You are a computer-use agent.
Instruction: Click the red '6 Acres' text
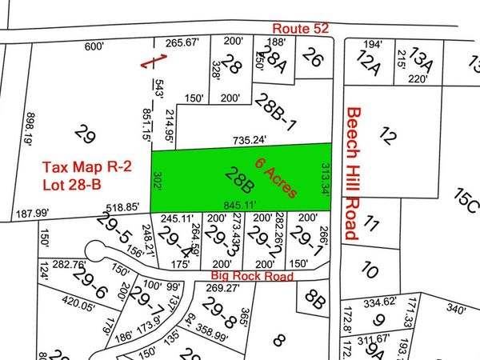tap(277, 178)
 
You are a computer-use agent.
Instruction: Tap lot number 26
tap(314, 58)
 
